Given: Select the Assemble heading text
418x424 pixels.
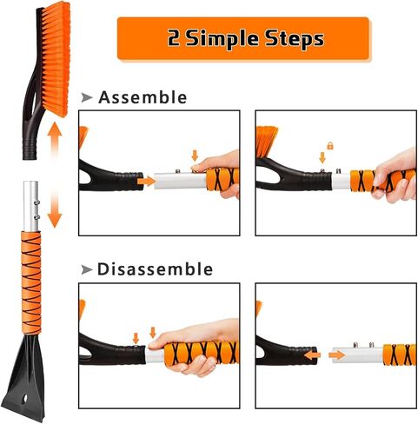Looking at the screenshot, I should coord(143,97).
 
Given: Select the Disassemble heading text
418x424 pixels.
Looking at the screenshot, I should coord(156,269).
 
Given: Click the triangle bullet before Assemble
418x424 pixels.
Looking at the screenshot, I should coord(86,97).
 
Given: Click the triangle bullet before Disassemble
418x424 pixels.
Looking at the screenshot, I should coord(86,269).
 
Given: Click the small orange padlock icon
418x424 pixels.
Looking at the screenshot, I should coord(331,147).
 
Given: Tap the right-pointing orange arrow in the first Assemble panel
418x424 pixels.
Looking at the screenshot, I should coord(146,182).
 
